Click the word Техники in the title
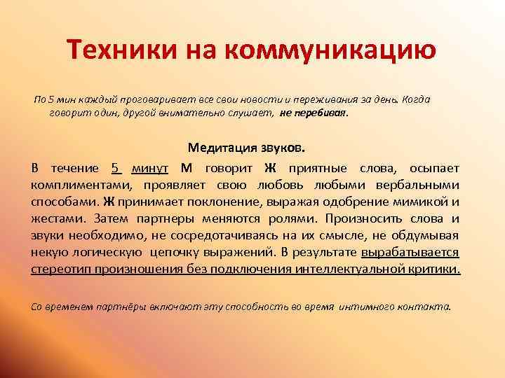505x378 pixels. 115,50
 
